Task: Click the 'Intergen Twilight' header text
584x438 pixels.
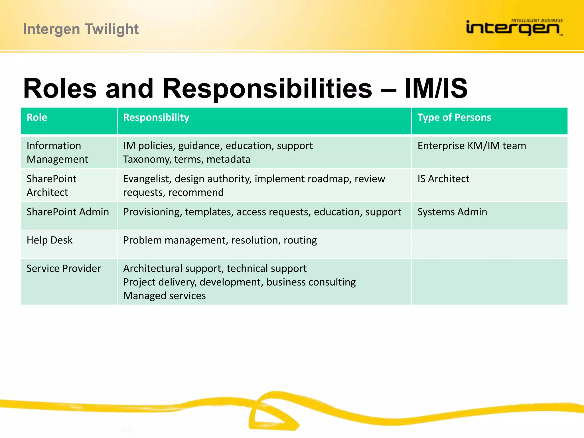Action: click(81, 29)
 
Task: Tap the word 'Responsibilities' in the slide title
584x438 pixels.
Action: click(267, 88)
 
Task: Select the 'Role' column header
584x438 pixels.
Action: click(37, 117)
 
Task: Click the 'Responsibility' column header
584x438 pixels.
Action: click(156, 117)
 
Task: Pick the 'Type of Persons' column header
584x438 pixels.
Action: click(454, 117)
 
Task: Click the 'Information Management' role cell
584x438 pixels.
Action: click(57, 152)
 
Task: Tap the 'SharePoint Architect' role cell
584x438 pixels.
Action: click(51, 185)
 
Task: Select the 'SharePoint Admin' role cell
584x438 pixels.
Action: click(68, 212)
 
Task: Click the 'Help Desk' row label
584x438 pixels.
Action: click(49, 240)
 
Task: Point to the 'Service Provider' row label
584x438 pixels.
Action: click(64, 268)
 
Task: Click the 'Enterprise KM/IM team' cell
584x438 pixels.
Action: click(471, 146)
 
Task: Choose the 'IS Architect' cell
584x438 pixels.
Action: click(443, 179)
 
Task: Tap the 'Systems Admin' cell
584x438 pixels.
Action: click(452, 212)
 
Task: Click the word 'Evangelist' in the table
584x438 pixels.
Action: click(147, 179)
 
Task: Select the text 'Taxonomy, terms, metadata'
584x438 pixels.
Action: click(186, 159)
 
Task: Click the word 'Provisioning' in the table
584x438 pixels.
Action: click(152, 212)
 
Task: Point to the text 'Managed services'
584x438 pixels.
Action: click(164, 296)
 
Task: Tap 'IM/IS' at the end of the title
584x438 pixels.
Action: click(436, 88)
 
